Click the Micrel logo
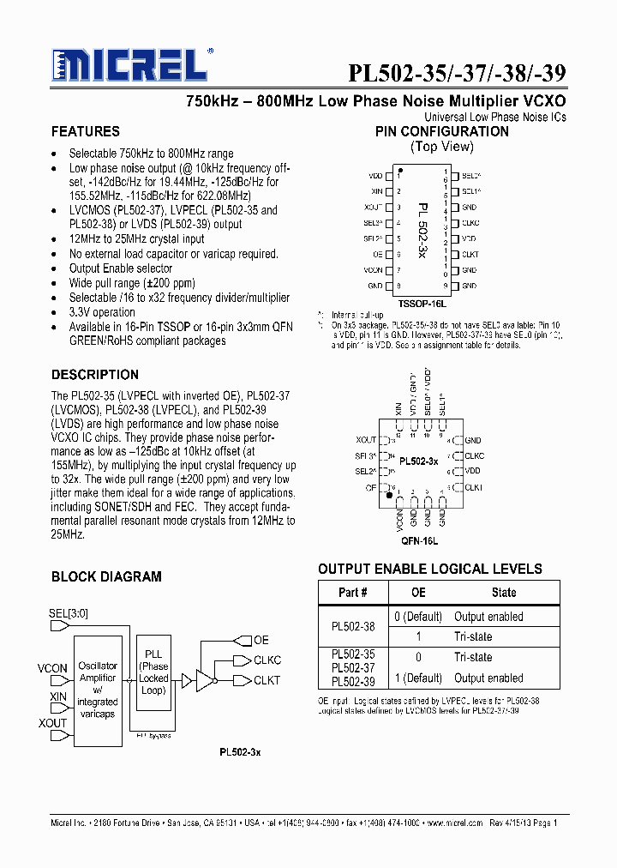(129, 65)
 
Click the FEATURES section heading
(85, 132)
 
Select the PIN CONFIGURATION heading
(441, 132)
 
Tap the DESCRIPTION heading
(94, 375)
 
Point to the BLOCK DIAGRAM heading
(106, 577)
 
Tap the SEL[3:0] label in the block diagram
(69, 613)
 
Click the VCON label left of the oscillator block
(52, 668)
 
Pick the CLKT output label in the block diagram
(267, 680)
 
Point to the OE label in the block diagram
(261, 640)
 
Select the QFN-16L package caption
(419, 541)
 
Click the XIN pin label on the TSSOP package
(376, 192)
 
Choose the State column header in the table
(504, 593)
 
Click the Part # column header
(352, 593)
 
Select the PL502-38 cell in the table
(352, 627)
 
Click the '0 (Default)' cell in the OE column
(418, 617)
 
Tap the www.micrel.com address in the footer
(453, 823)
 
